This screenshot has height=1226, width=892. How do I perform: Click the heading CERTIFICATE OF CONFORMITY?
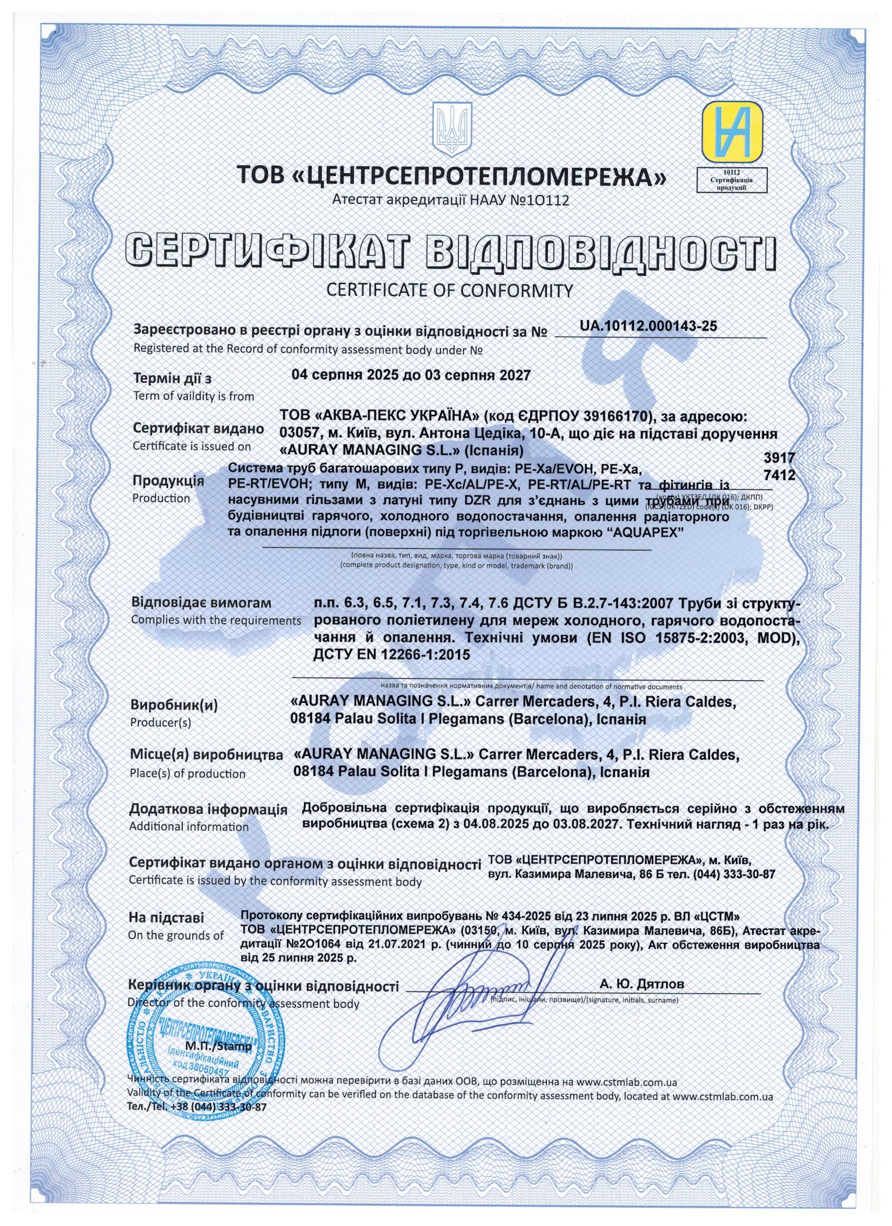coord(450,291)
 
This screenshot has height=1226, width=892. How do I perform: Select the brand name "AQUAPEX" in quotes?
coord(646,532)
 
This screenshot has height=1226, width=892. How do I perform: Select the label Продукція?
coord(168,480)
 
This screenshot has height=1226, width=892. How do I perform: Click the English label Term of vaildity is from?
coord(194,396)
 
